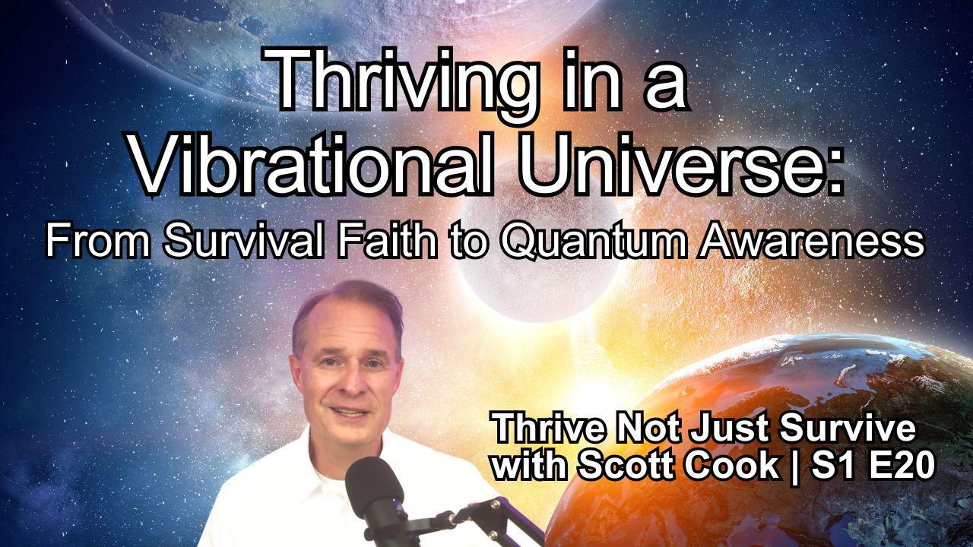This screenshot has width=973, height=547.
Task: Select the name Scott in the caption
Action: (x=620, y=464)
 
